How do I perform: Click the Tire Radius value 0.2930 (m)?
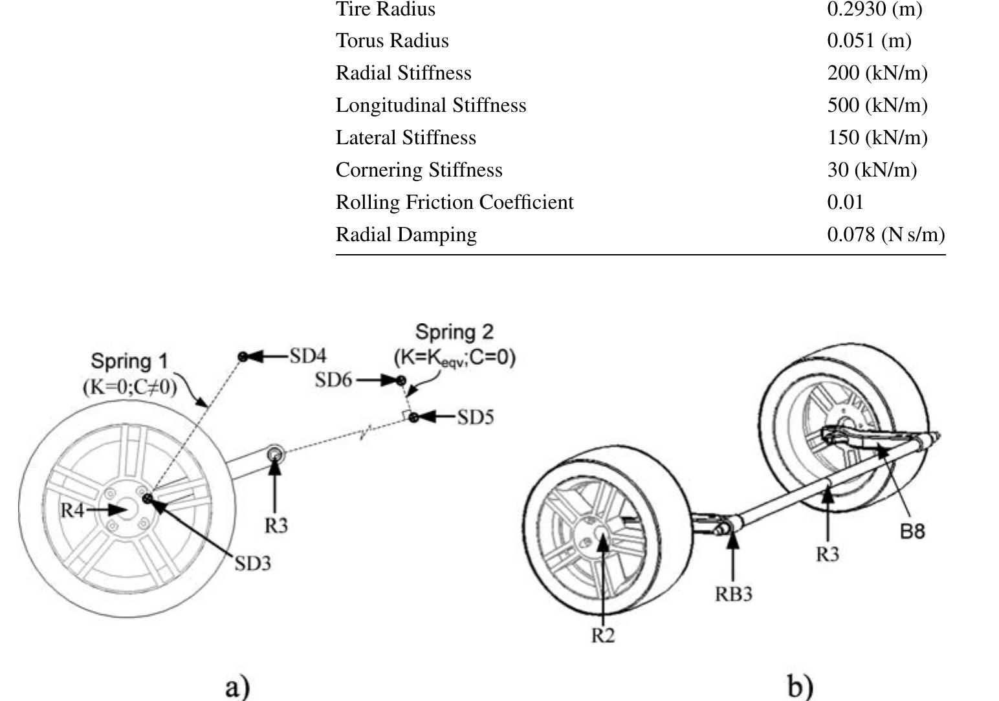coord(874,9)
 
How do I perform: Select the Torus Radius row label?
coord(391,41)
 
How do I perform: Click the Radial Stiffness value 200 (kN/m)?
coord(877,73)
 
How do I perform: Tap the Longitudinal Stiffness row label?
coord(430,105)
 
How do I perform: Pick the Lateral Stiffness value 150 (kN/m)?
coord(877,138)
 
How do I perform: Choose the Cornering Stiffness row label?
coord(419,170)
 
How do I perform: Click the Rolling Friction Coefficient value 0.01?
coord(845,202)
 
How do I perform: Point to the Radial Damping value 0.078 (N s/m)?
coord(885,235)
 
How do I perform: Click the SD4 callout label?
coord(307,356)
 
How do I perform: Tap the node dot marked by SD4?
coord(243,357)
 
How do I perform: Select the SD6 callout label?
coord(333,380)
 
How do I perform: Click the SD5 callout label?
coord(476,418)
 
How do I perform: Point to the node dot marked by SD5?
coord(413,417)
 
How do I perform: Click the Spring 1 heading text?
coord(129,361)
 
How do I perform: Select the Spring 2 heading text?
coord(454,332)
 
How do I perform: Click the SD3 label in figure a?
coord(252,564)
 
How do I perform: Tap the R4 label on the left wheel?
coord(72,510)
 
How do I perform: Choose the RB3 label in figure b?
coord(733,594)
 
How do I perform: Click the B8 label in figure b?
coord(912,532)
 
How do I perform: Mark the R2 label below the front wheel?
coord(602,636)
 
